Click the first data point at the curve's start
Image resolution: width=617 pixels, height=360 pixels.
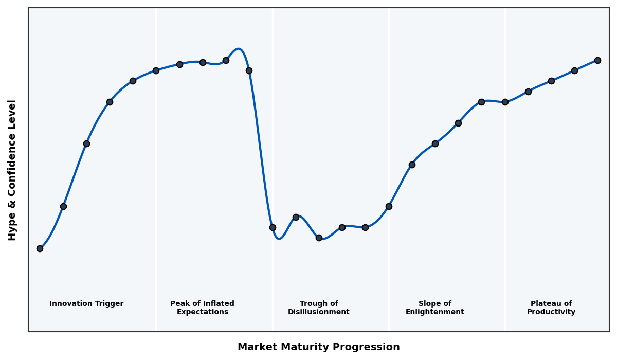pos(40,248)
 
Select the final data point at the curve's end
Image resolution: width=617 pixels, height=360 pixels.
pos(597,60)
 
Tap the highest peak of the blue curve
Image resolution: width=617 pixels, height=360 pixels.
pos(238,49)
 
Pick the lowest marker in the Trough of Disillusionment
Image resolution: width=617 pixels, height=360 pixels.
pos(319,238)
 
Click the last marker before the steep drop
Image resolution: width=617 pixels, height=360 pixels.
pos(249,70)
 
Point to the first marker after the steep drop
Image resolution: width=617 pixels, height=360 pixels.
pos(273,227)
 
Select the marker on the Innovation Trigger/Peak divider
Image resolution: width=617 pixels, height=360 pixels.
pos(156,70)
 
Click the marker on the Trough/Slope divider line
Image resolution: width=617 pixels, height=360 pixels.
pos(389,206)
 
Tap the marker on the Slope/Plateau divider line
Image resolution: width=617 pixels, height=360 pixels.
pos(505,102)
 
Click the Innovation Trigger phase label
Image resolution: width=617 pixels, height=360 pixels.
pos(86,304)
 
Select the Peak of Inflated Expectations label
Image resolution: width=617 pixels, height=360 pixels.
pos(202,308)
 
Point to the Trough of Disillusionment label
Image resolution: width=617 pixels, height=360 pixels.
pos(319,308)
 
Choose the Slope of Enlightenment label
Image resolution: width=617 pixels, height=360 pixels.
pos(435,308)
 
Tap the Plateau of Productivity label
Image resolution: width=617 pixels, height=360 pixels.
pos(551,308)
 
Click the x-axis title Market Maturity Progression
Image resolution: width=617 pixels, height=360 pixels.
pos(319,347)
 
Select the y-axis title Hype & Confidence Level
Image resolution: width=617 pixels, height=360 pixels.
pos(12,170)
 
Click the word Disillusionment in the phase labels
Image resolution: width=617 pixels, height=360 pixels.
pos(319,312)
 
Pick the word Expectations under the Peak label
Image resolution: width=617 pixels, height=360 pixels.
pos(202,312)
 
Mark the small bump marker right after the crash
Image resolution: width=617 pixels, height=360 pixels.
pos(296,217)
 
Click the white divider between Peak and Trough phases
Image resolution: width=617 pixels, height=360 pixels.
pos(273,154)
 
